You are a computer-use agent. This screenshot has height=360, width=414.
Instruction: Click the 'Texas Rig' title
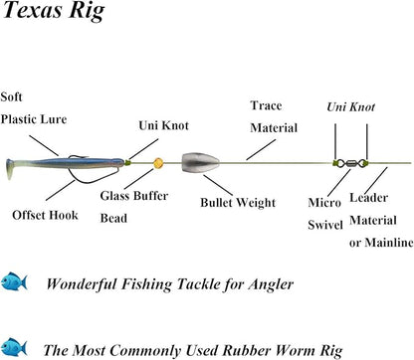[50, 15]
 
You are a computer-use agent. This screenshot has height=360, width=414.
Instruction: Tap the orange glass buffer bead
[157, 162]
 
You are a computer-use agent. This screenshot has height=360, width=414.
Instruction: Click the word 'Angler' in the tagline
[267, 283]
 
